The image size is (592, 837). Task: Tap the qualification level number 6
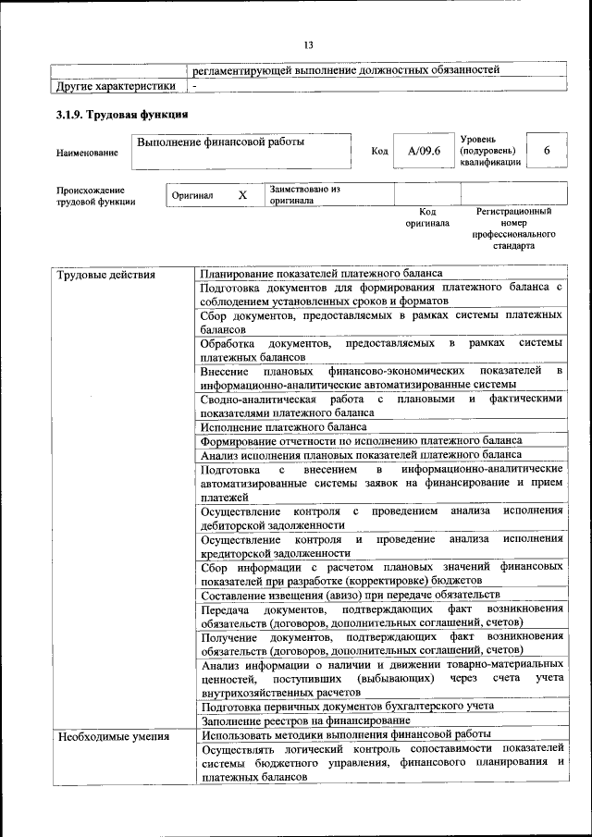[x=547, y=150]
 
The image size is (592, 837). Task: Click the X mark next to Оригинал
[x=242, y=195]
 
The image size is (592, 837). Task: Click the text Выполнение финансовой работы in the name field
[x=220, y=142]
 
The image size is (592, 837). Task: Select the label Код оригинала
[x=426, y=217]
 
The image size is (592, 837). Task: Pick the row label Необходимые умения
[x=113, y=736]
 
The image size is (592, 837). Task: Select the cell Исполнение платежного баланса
[x=283, y=426]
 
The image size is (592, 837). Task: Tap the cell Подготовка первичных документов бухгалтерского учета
[x=347, y=705]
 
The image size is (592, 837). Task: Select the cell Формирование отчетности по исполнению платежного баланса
[x=361, y=440]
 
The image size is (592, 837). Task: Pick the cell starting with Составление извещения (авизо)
[x=350, y=594]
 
